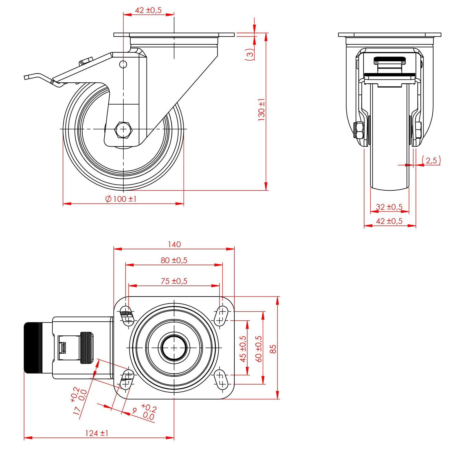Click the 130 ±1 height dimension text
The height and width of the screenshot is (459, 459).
point(262,110)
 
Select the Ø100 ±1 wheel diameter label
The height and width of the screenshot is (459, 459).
point(121,199)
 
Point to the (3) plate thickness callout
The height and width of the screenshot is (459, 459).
point(250,54)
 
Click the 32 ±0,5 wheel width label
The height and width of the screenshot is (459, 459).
point(389,207)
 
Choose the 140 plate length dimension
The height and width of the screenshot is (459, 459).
point(174,244)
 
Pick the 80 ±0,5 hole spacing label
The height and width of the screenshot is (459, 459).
point(174,260)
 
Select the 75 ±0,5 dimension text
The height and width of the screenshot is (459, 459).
point(174,281)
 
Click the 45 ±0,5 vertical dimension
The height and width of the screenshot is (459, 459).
point(243,349)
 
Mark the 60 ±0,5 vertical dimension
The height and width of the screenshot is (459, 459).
point(259,349)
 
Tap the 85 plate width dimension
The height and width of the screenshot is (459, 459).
point(273,349)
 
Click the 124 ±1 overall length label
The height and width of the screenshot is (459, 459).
point(96,433)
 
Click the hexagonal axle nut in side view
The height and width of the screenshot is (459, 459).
point(123,129)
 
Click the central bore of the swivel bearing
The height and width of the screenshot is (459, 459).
point(174,348)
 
